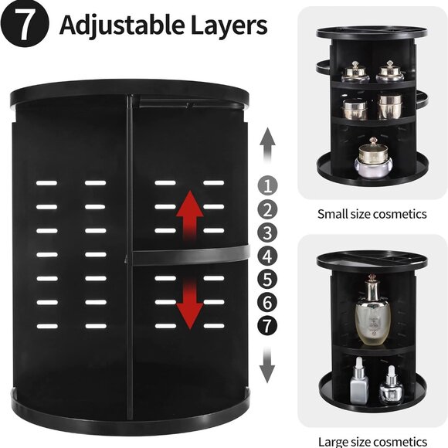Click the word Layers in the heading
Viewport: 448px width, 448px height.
coord(228,25)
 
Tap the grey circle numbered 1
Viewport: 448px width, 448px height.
coord(267,185)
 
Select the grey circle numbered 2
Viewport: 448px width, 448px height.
coord(267,209)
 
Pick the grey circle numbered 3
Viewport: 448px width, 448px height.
coord(267,232)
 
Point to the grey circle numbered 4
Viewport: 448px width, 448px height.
coord(267,255)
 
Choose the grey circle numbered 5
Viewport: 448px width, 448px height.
coord(267,278)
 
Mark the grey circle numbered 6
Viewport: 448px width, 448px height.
coord(267,302)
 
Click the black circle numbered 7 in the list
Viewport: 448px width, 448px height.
coord(267,325)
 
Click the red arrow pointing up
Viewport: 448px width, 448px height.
coord(189,216)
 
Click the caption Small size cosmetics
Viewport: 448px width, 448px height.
coord(372,214)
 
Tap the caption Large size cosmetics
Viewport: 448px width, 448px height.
coord(372,441)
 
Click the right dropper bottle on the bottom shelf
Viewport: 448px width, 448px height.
coord(391,387)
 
